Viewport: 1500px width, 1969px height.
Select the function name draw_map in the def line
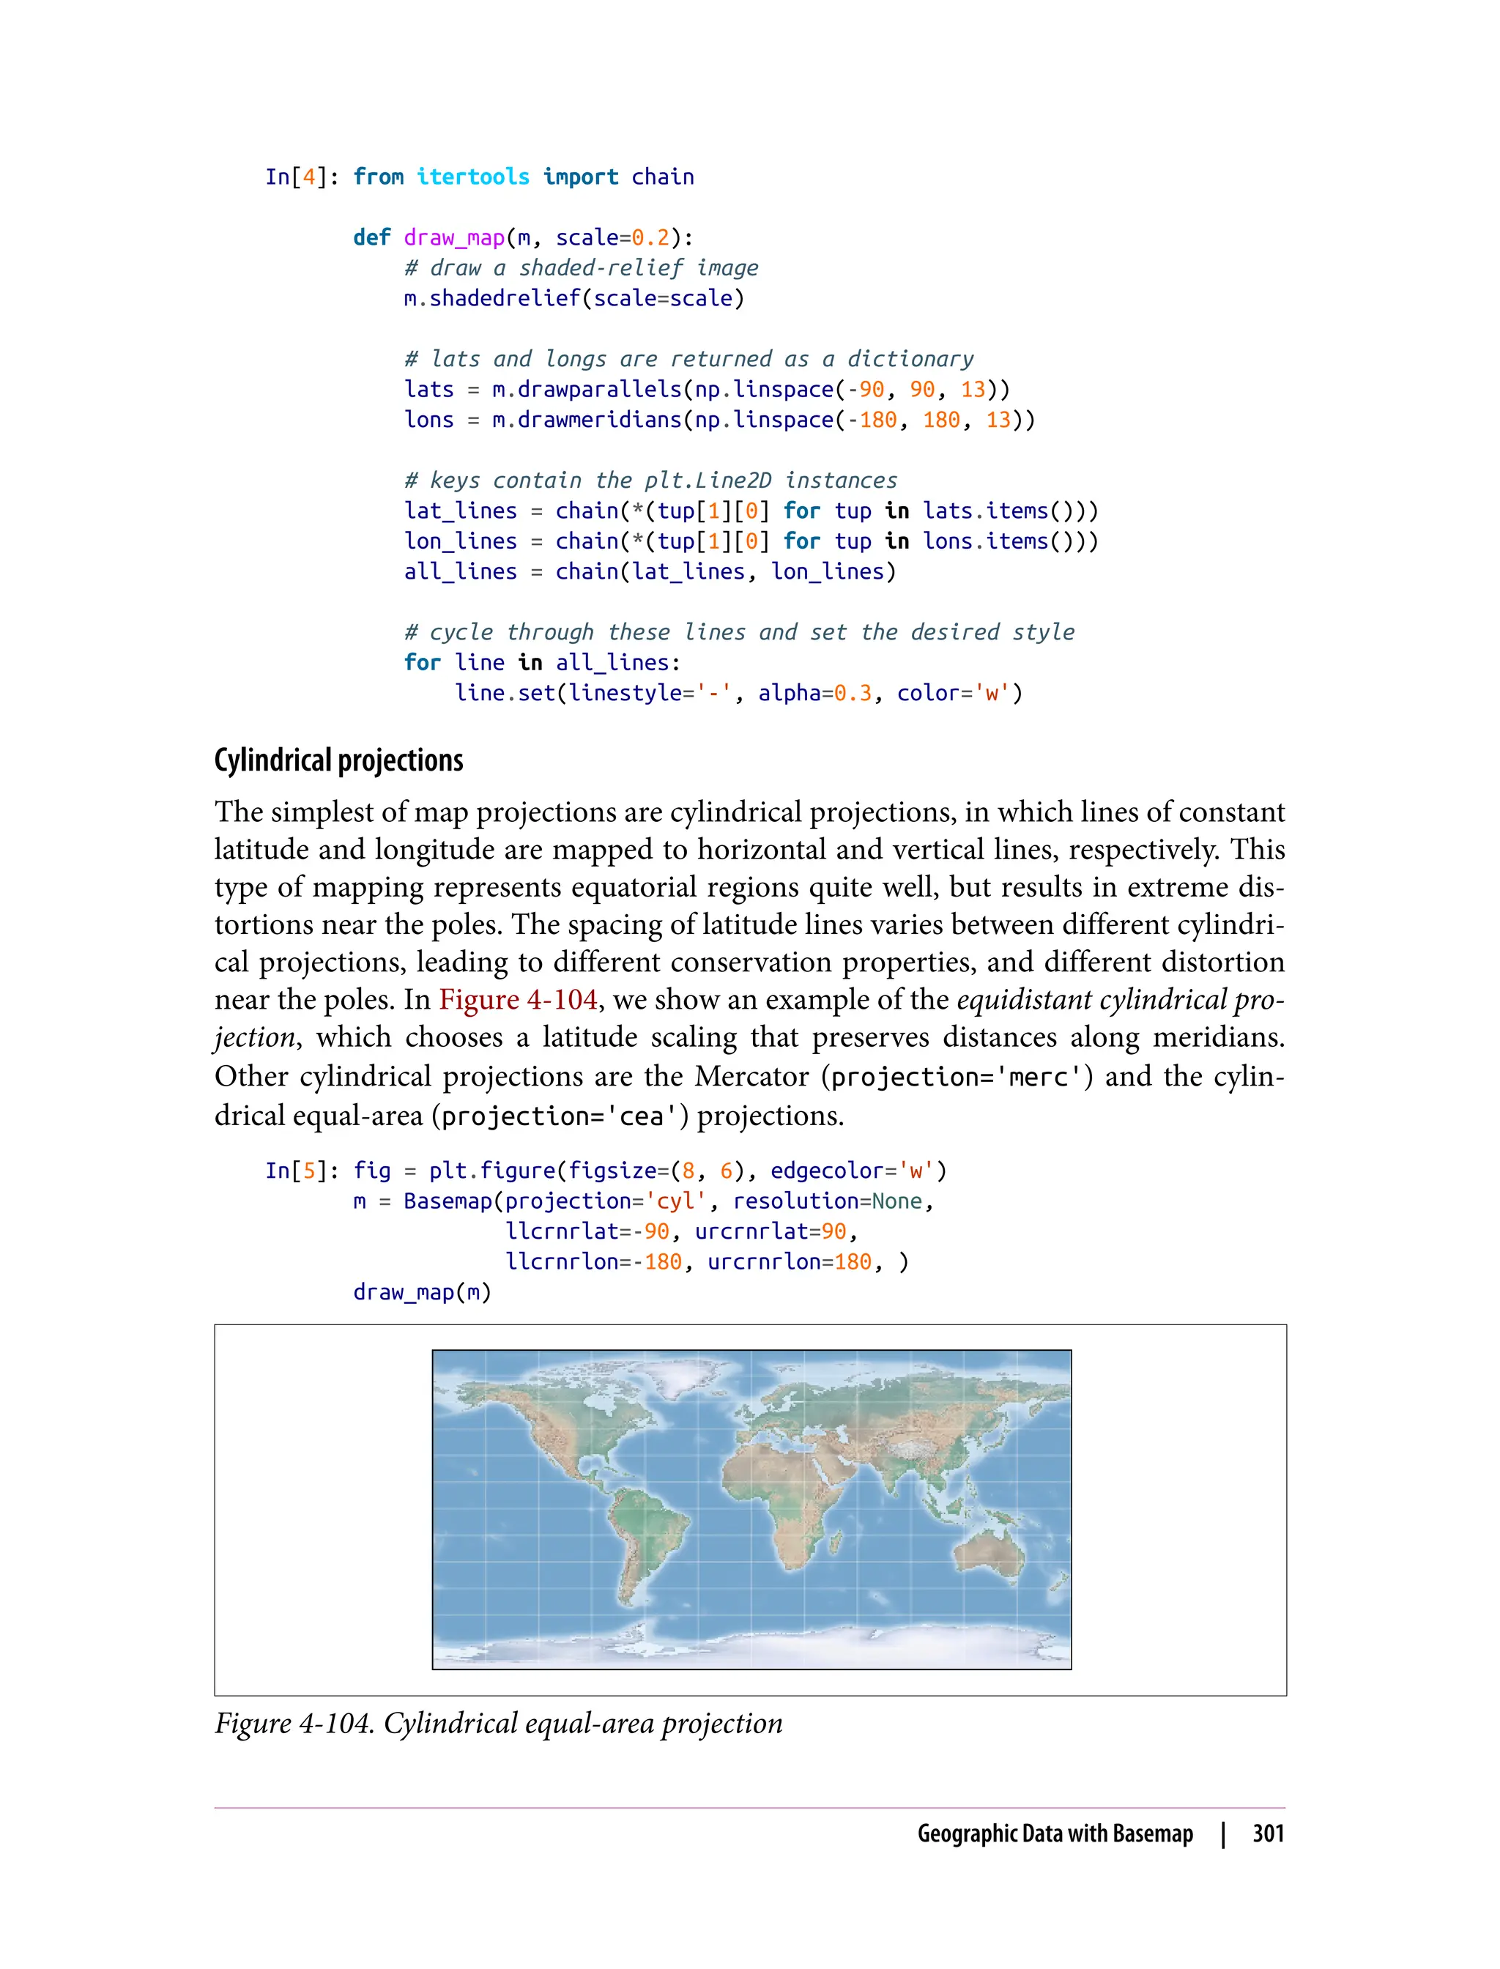(x=454, y=237)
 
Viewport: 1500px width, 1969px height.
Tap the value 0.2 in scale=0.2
(x=650, y=237)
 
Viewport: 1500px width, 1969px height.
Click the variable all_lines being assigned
(x=461, y=571)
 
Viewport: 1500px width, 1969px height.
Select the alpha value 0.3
(x=853, y=693)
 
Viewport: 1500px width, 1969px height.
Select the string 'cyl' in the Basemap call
(x=676, y=1201)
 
